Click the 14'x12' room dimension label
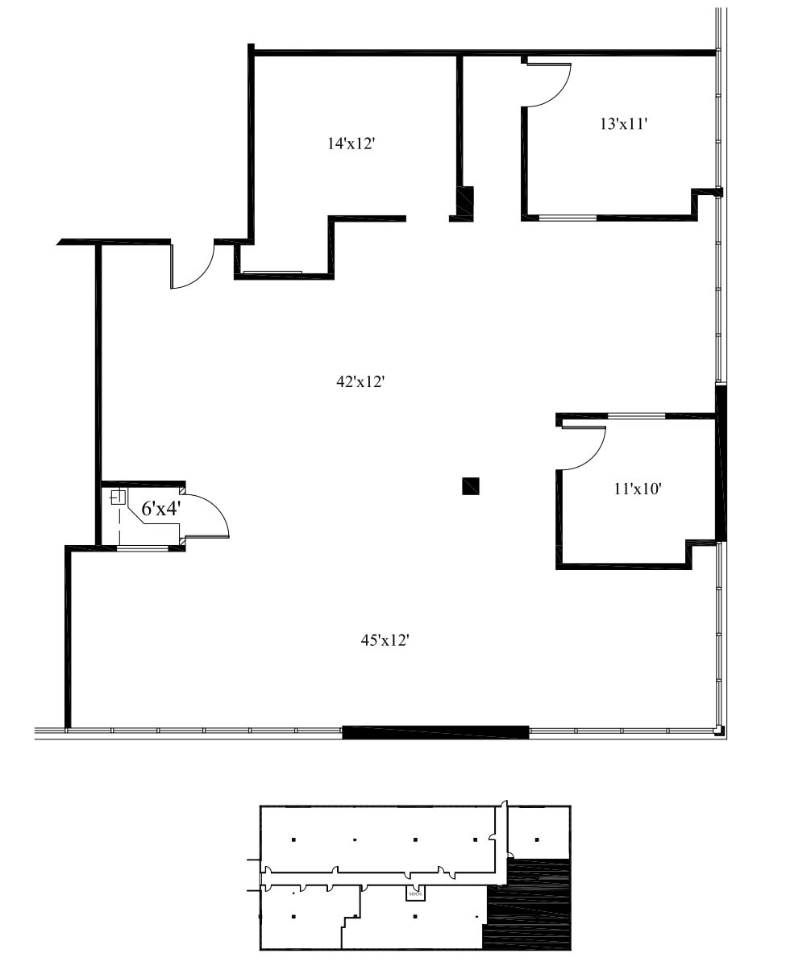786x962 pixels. tap(351, 144)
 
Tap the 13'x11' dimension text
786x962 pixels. tap(624, 124)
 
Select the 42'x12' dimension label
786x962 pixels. tap(360, 382)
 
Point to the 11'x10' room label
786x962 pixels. tap(637, 488)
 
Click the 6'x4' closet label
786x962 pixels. tap(161, 509)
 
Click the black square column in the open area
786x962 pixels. tap(471, 485)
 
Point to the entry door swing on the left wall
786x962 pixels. tap(193, 266)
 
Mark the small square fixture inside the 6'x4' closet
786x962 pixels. tap(118, 497)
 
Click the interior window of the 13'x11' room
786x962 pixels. tap(568, 218)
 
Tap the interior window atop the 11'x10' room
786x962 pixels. tap(636, 415)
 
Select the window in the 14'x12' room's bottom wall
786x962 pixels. tap(272, 273)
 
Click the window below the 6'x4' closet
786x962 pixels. tap(143, 548)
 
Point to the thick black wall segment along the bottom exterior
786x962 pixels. tap(435, 732)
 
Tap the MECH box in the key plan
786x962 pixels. tap(415, 893)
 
